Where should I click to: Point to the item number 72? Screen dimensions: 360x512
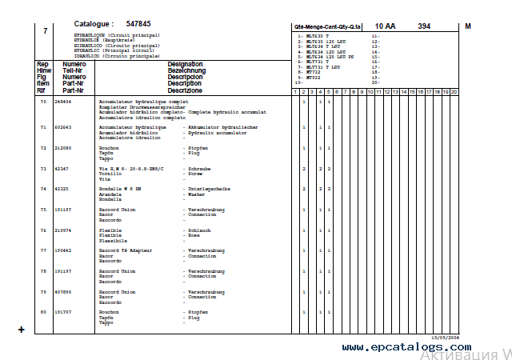point(43,148)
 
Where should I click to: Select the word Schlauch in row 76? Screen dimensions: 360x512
point(199,230)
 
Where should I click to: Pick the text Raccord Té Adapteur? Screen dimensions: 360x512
point(122,251)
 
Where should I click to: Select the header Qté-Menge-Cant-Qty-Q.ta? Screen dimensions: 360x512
point(327,27)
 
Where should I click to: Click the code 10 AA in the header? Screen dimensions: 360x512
point(385,26)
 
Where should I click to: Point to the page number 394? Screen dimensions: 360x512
point(424,26)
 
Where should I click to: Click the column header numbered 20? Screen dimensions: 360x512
point(454,92)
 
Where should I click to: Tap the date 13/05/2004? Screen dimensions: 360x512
point(446,338)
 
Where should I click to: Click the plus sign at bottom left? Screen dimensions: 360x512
point(21,330)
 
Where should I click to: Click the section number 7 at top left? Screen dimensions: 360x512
point(45,30)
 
